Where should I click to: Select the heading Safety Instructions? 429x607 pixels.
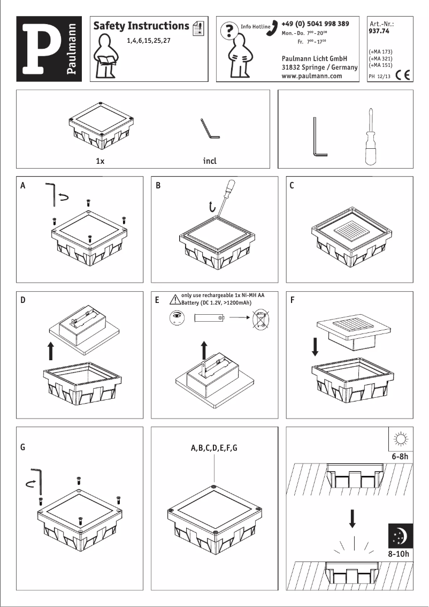pos(141,26)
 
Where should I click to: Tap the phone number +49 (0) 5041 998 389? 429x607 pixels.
pos(315,24)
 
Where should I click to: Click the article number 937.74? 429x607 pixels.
pos(379,32)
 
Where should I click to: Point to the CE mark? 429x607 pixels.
pos(403,75)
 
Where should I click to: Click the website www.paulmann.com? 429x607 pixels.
pos(311,76)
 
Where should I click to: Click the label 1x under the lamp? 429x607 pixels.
pos(99,161)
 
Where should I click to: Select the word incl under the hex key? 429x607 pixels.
pos(210,161)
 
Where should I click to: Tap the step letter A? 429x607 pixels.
pos(22,186)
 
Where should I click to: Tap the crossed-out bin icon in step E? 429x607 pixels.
pos(261,320)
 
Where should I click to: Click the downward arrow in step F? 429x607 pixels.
pos(315,346)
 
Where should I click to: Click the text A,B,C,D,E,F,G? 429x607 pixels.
pos(214,448)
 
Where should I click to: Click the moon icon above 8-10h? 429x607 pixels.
pos(400,536)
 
